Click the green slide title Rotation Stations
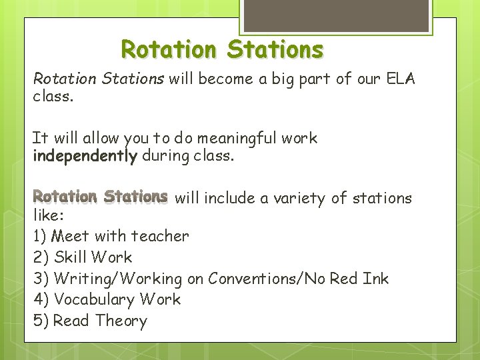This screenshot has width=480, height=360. tap(222, 50)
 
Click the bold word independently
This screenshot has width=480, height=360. tap(85, 156)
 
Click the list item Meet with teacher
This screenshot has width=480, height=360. tap(121, 235)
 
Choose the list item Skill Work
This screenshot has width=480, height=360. tap(93, 257)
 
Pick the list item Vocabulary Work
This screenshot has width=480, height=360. tap(117, 299)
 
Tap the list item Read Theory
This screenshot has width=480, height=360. tap(100, 321)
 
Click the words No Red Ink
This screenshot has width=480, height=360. tap(347, 278)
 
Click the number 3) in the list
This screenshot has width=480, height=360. tap(41, 278)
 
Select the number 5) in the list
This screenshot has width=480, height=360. tap(41, 321)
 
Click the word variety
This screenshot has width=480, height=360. tap(301, 198)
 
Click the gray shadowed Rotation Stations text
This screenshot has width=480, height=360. tap(100, 197)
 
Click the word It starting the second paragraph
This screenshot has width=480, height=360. tap(40, 139)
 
